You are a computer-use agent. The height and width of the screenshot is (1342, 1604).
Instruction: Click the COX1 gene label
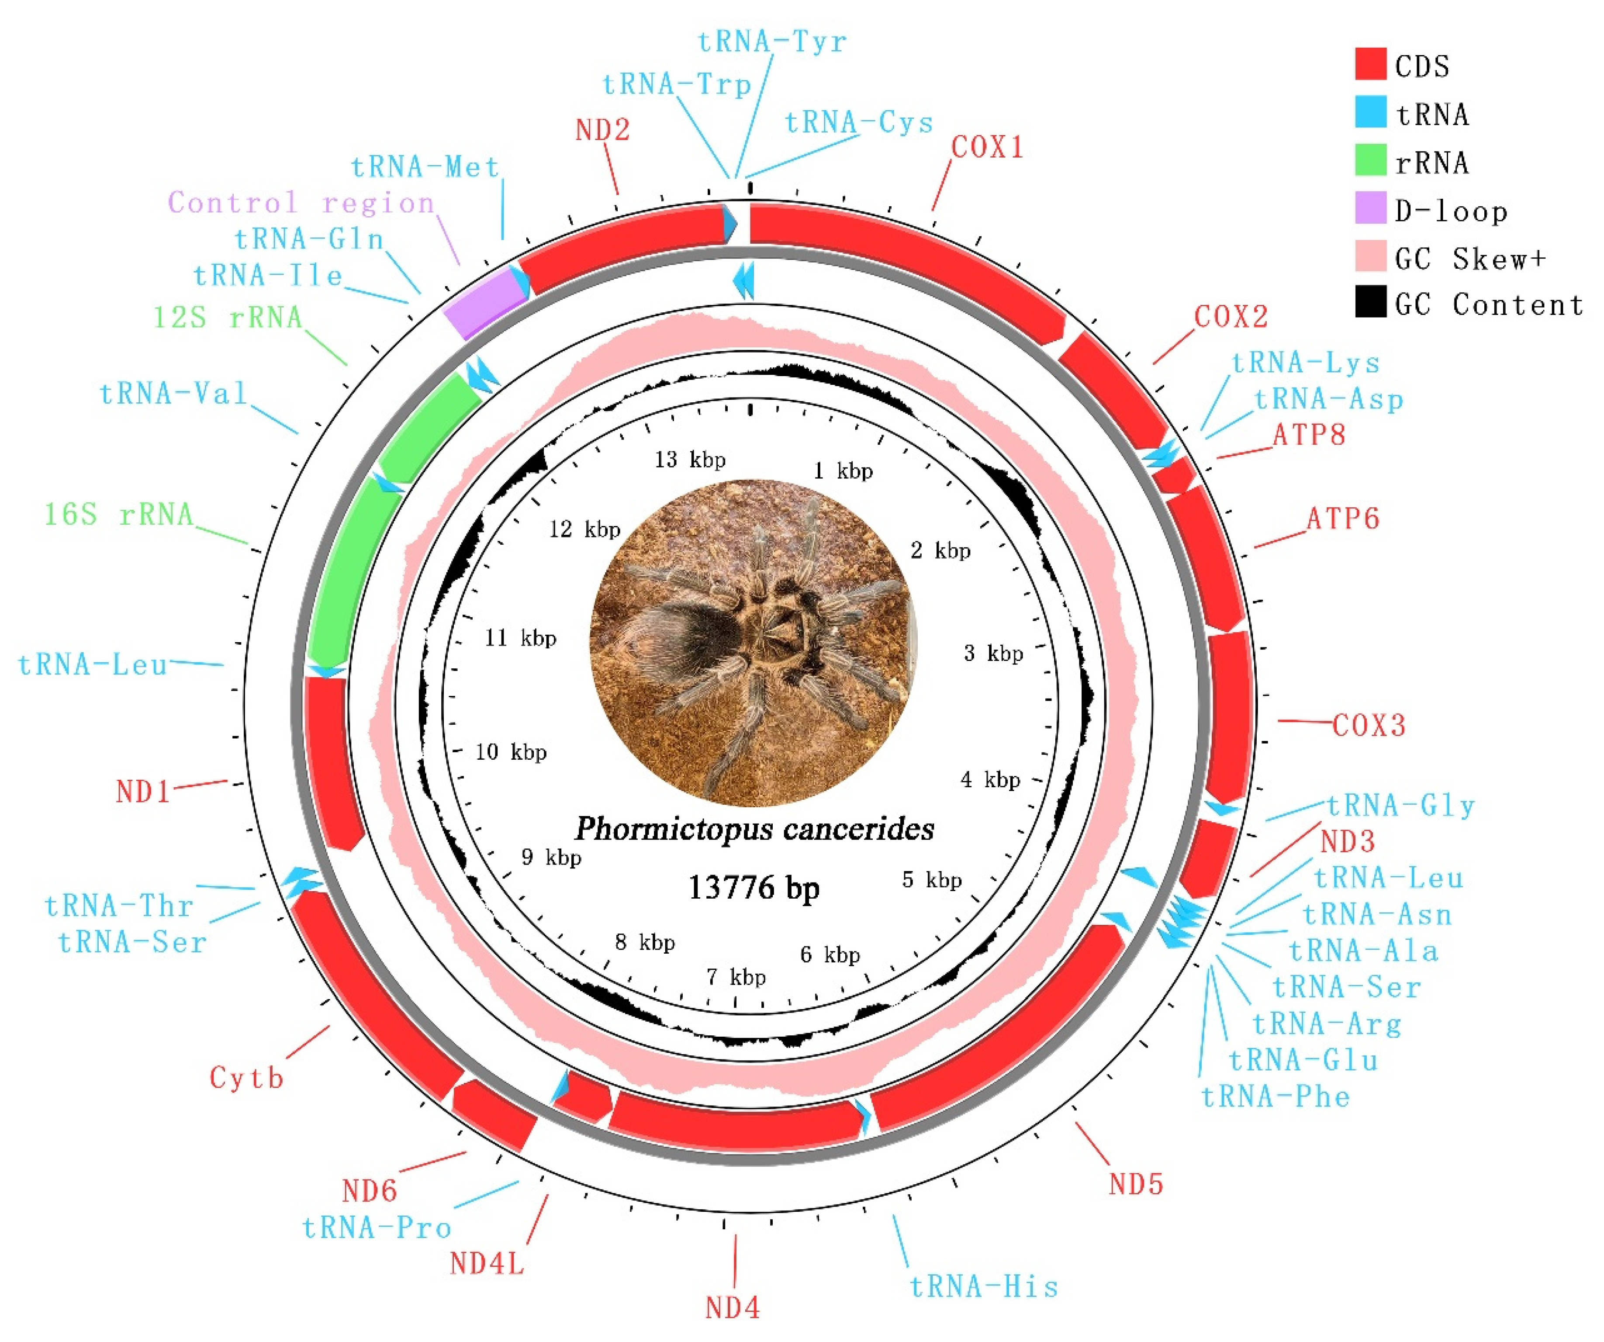coord(987,147)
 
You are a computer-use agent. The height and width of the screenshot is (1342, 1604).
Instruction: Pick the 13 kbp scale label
coord(690,460)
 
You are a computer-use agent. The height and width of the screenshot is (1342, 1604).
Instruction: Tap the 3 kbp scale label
coord(993,654)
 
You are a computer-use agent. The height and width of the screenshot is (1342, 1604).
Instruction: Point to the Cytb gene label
coord(247,1079)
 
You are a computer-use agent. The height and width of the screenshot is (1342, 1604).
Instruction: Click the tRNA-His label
coord(984,1287)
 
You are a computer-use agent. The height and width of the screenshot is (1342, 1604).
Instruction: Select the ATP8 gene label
coord(1308,436)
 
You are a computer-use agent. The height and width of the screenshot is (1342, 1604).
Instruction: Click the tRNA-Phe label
coord(1276,1097)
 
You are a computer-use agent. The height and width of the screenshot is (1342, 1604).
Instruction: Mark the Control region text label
coord(301,203)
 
